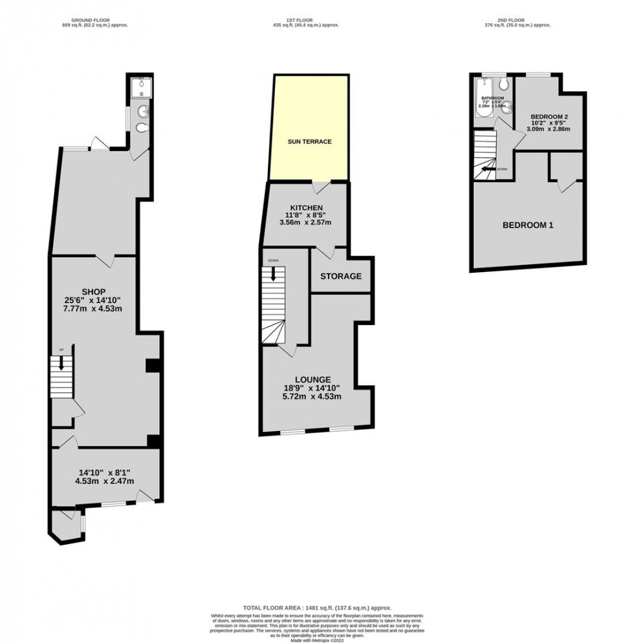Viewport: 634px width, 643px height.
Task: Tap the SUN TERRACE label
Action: (x=309, y=142)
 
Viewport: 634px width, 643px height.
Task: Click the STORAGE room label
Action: (x=341, y=276)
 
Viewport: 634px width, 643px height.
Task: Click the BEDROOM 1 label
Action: (x=528, y=225)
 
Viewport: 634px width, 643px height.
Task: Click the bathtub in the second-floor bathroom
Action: (x=481, y=98)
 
